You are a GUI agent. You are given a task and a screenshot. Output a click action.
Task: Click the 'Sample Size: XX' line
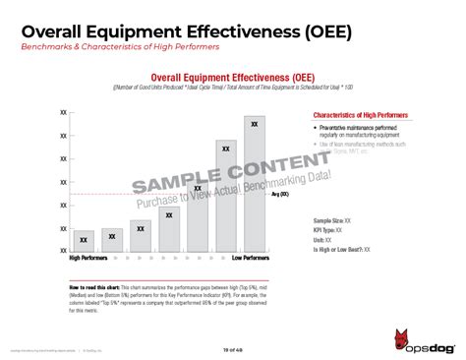click(x=333, y=220)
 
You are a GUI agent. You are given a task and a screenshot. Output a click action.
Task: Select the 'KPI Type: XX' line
click(x=330, y=230)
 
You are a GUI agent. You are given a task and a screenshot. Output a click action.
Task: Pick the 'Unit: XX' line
click(x=322, y=240)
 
